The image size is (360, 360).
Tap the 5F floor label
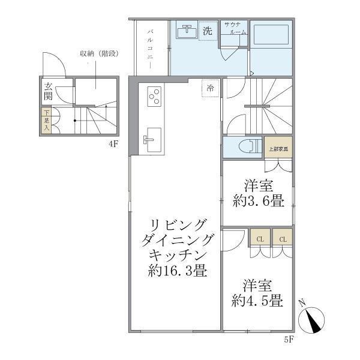pyautogui.click(x=288, y=340)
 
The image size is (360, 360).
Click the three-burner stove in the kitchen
pyautogui.click(x=154, y=96)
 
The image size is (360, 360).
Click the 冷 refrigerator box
pyautogui.click(x=210, y=88)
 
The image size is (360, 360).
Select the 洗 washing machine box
pyautogui.click(x=208, y=31)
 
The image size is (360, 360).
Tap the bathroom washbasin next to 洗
pyautogui.click(x=188, y=30)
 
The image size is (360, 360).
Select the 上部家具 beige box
pyautogui.click(x=278, y=148)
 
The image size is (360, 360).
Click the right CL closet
pyautogui.click(x=283, y=238)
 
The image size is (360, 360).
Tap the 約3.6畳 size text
pyautogui.click(x=259, y=201)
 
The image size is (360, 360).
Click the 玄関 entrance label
pyautogui.click(x=48, y=94)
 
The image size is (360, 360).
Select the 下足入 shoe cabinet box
pyautogui.click(x=46, y=121)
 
